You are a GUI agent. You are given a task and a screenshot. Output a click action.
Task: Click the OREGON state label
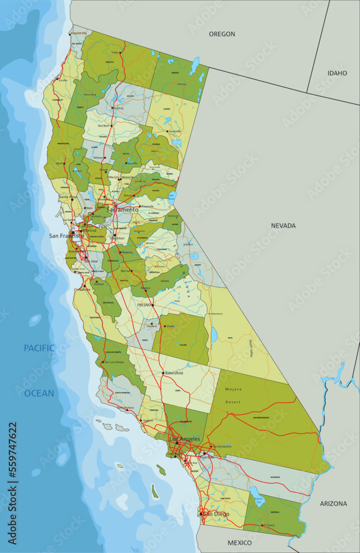click(x=222, y=34)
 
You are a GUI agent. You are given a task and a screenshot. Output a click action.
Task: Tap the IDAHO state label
click(x=337, y=73)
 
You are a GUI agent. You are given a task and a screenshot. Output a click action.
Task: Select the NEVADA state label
click(x=283, y=226)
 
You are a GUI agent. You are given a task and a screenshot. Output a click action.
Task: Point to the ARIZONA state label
click(x=333, y=504)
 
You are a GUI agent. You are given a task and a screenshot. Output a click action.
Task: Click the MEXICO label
click(x=239, y=543)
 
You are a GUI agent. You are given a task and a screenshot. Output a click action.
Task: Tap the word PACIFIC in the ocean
click(x=39, y=348)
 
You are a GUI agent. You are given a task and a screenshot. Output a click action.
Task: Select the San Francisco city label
click(x=66, y=236)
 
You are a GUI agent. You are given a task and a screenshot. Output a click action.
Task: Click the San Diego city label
click(x=216, y=514)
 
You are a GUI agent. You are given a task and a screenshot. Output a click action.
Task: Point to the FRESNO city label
click(x=144, y=305)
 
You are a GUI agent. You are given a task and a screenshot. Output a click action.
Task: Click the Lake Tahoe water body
click(x=172, y=196)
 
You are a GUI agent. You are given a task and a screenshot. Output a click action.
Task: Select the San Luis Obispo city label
click(x=114, y=362)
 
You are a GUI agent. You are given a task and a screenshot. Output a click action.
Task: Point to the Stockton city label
click(x=117, y=238)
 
